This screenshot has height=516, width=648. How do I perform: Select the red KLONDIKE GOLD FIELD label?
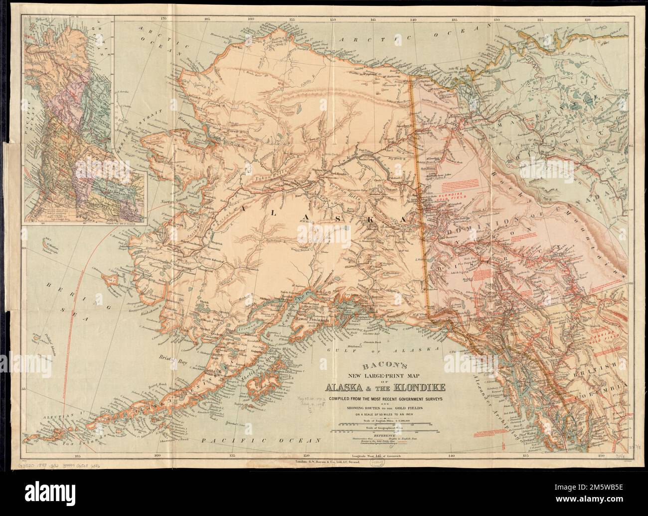[447, 193]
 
